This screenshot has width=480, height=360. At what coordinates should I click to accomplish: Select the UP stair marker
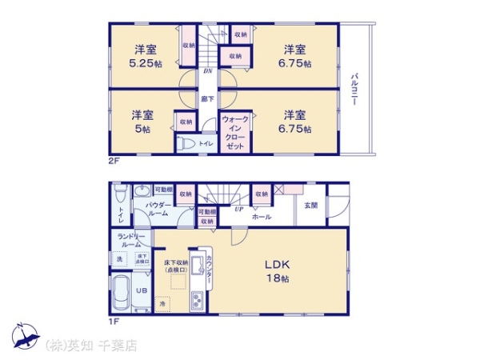tap(238, 209)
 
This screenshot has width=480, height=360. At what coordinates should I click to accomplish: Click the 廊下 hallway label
tap(207, 99)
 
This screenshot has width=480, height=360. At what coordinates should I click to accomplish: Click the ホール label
tap(261, 216)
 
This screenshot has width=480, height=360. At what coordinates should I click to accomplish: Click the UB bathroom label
tap(142, 290)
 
